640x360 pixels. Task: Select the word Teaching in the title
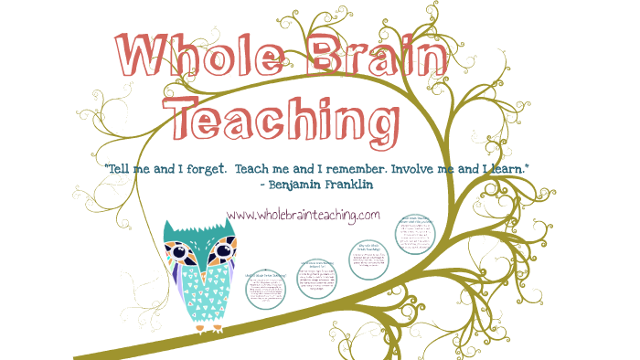286,122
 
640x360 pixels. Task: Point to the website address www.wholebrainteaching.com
303,215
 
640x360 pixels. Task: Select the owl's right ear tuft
230,225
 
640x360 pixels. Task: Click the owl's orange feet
207,327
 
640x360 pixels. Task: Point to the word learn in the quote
508,169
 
